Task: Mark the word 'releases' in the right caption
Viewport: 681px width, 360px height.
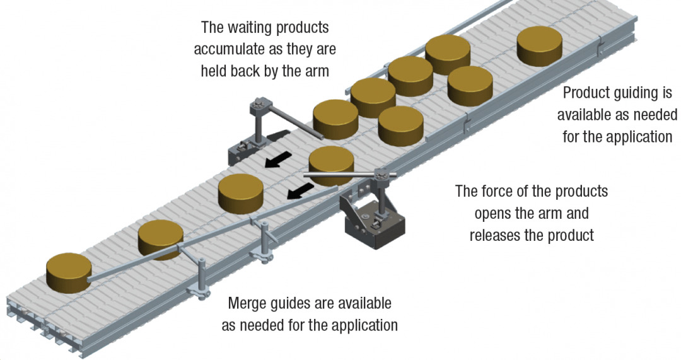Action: pyautogui.click(x=498, y=235)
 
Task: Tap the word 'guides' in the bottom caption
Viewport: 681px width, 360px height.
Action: pyautogui.click(x=298, y=304)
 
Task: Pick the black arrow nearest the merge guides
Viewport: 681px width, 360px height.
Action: pyautogui.click(x=300, y=191)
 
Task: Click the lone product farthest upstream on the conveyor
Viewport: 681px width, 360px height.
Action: pyautogui.click(x=540, y=46)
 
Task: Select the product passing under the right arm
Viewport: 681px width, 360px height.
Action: pyautogui.click(x=331, y=165)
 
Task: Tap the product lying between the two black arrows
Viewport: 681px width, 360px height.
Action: pyautogui.click(x=240, y=194)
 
